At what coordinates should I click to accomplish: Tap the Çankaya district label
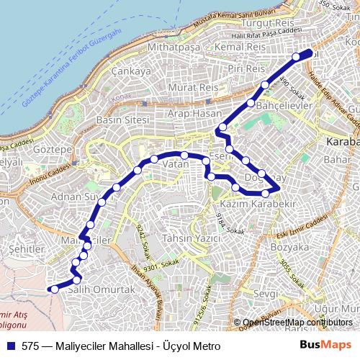tap(132, 71)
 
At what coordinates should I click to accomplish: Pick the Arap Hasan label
tap(194, 114)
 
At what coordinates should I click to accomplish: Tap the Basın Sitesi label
tap(122, 119)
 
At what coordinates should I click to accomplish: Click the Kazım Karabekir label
tap(247, 205)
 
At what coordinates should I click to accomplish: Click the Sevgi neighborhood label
tap(266, 294)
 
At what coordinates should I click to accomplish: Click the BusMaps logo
tap(325, 345)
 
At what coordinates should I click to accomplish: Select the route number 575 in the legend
tap(30, 346)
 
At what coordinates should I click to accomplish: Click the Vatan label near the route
tap(176, 165)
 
